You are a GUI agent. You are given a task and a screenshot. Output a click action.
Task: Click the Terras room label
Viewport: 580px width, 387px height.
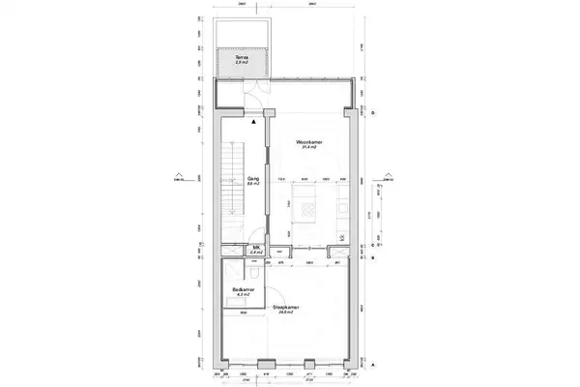pyautogui.click(x=242, y=57)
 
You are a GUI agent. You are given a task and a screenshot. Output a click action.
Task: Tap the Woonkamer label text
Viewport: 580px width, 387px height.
pyautogui.click(x=309, y=141)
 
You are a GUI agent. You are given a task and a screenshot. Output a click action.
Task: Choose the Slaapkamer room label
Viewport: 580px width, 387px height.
pyautogui.click(x=286, y=308)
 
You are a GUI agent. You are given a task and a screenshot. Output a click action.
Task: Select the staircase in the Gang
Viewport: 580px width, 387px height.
pyautogui.click(x=232, y=179)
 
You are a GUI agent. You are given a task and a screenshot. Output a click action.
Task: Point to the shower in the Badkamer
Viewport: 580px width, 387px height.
pyautogui.click(x=235, y=270)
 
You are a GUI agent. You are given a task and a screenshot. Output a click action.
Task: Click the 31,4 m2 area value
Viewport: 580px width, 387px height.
pyautogui.click(x=309, y=147)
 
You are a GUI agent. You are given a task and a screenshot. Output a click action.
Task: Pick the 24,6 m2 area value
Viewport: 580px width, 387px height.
pyautogui.click(x=286, y=313)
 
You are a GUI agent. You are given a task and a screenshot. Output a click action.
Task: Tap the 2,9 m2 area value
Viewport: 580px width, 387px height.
pyautogui.click(x=242, y=63)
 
